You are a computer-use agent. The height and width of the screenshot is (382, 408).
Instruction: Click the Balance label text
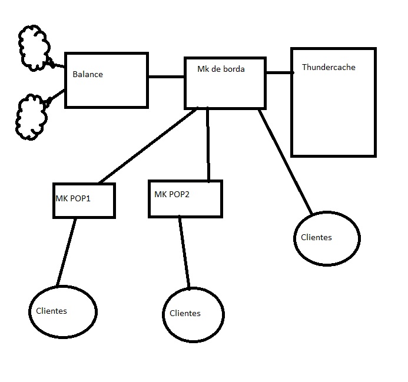point(88,75)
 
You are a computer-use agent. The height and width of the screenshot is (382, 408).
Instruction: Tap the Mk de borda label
point(221,69)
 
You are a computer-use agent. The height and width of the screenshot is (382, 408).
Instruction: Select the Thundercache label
point(329,67)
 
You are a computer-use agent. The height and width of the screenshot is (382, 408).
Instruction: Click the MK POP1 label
point(73,198)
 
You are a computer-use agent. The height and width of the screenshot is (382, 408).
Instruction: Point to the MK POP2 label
point(172,194)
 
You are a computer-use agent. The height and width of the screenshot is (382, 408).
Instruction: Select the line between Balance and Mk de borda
point(166,77)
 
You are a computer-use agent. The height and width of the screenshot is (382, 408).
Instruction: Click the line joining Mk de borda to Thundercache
point(279,73)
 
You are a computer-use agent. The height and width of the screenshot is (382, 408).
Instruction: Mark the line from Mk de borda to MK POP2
point(208,144)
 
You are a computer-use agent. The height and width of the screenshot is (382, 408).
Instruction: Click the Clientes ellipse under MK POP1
point(62,310)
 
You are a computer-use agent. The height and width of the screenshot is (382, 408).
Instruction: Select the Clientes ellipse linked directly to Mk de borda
point(326,238)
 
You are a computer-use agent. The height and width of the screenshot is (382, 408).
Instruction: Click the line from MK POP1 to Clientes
point(67,252)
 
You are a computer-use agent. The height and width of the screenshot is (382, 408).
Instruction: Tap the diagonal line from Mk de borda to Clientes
point(286,161)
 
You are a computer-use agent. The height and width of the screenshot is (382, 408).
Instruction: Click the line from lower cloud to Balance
point(56,97)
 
